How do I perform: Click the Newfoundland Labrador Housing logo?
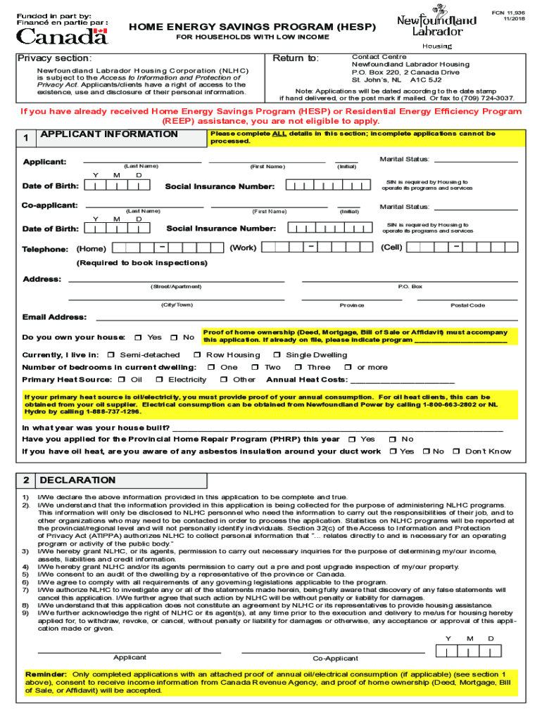(x=436, y=27)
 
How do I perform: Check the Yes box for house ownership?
(x=139, y=337)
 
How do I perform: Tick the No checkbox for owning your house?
(x=173, y=337)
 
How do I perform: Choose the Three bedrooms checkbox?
(x=298, y=367)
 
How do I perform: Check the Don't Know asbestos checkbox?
(x=455, y=451)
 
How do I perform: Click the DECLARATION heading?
(x=77, y=480)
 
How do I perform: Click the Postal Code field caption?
(x=467, y=305)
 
